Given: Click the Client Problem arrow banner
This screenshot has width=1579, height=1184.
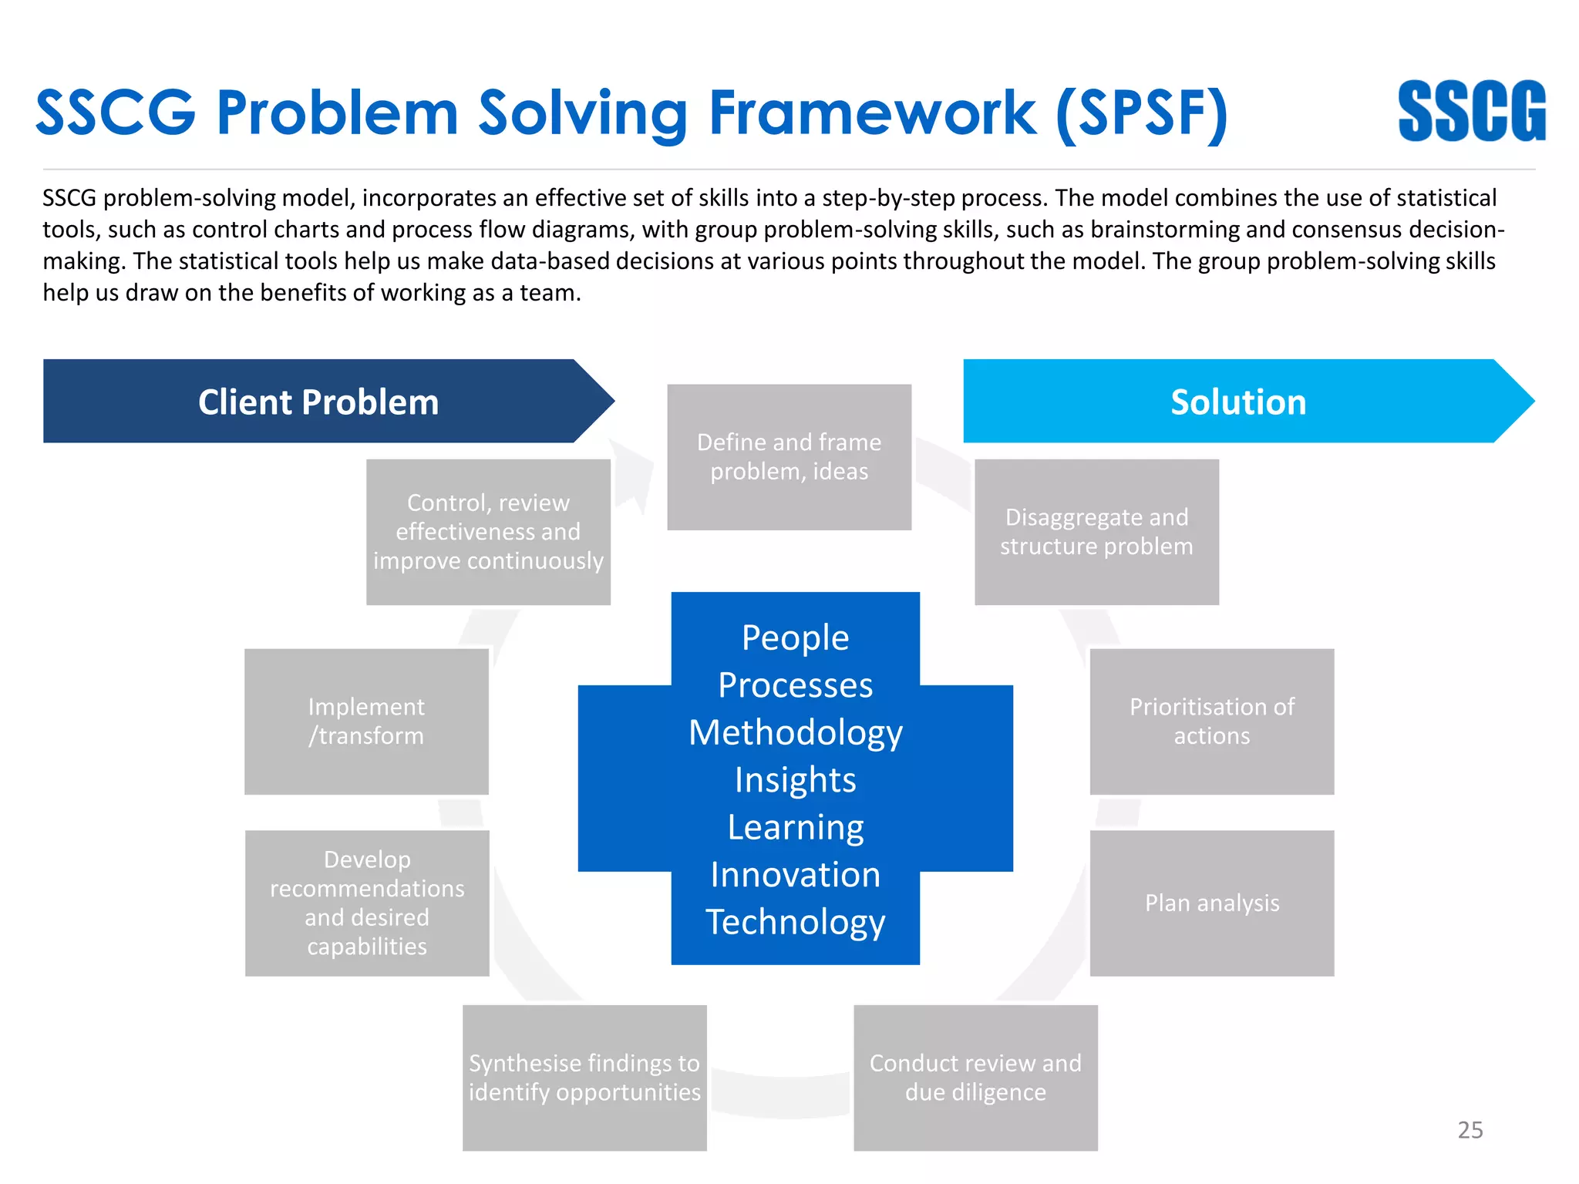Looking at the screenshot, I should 318,402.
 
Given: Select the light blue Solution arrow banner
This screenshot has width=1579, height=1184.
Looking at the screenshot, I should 1238,402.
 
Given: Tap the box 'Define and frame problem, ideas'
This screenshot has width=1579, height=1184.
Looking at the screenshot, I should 789,456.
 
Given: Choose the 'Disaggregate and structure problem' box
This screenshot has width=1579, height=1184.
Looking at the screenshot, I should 1096,532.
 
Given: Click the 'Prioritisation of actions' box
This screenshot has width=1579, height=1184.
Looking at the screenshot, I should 1211,721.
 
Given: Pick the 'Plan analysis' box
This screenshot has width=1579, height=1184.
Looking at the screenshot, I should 1211,903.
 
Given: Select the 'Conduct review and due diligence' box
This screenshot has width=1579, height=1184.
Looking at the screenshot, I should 975,1077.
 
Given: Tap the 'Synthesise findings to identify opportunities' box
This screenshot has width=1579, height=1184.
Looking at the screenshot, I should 584,1077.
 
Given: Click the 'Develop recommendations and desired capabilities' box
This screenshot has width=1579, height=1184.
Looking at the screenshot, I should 367,903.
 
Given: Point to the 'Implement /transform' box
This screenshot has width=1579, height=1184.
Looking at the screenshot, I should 366,721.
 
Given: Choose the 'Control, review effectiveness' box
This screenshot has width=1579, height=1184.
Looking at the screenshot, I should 488,532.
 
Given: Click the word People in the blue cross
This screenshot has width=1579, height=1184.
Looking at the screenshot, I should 795,638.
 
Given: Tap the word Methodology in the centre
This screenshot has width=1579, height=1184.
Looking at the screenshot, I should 795,732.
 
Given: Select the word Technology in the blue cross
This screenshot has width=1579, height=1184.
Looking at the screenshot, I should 795,922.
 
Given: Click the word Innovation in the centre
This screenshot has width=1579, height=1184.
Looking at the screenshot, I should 795,875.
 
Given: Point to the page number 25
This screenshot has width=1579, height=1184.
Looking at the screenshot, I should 1470,1130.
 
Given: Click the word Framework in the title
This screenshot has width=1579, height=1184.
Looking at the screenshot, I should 872,113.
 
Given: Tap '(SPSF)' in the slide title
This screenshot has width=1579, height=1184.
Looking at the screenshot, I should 1141,113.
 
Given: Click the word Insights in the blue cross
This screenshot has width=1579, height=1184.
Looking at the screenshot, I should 795,780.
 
